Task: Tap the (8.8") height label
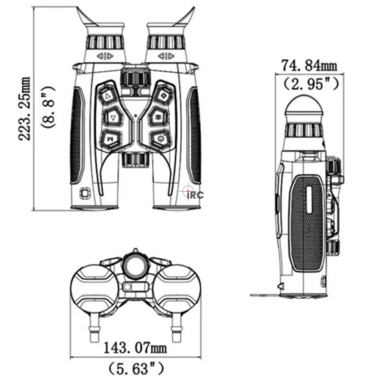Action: pyautogui.click(x=47, y=107)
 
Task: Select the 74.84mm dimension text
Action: pyautogui.click(x=309, y=66)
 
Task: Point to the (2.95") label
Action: pyautogui.click(x=311, y=83)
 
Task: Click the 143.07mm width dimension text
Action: pyautogui.click(x=135, y=348)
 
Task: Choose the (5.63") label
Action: pyautogui.click(x=136, y=368)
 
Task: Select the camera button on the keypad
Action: pyautogui.click(x=158, y=117)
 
